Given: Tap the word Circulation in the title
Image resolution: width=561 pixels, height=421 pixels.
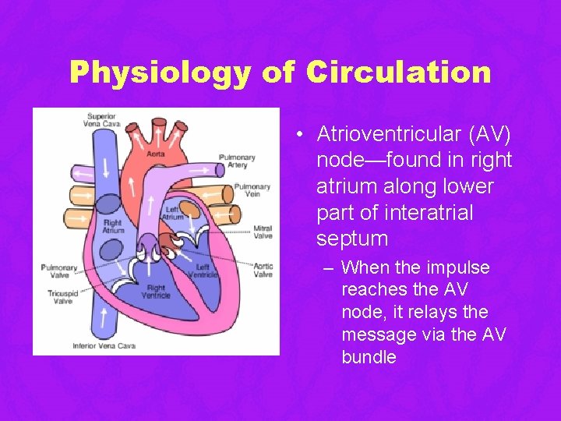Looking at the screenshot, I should [x=398, y=73].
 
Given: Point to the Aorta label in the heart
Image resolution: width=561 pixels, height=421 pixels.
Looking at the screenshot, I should [x=156, y=154].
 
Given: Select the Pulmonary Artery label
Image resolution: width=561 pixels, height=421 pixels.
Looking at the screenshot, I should [x=237, y=161].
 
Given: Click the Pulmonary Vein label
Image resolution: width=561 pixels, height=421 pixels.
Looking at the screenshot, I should [x=252, y=191].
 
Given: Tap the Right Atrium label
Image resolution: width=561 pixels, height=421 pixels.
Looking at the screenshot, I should [x=114, y=226].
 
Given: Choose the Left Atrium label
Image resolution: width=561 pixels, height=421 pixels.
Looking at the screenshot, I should [x=175, y=214].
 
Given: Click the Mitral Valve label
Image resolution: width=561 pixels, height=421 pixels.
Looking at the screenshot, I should [x=263, y=232].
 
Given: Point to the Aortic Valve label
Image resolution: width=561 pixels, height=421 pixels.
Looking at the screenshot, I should [x=263, y=270].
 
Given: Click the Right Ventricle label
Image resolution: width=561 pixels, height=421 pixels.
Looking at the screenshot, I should [x=156, y=292].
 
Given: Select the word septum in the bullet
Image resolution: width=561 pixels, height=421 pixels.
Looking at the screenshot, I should [x=352, y=238].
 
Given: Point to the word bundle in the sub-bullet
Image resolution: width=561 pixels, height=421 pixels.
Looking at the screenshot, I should [x=369, y=357].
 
